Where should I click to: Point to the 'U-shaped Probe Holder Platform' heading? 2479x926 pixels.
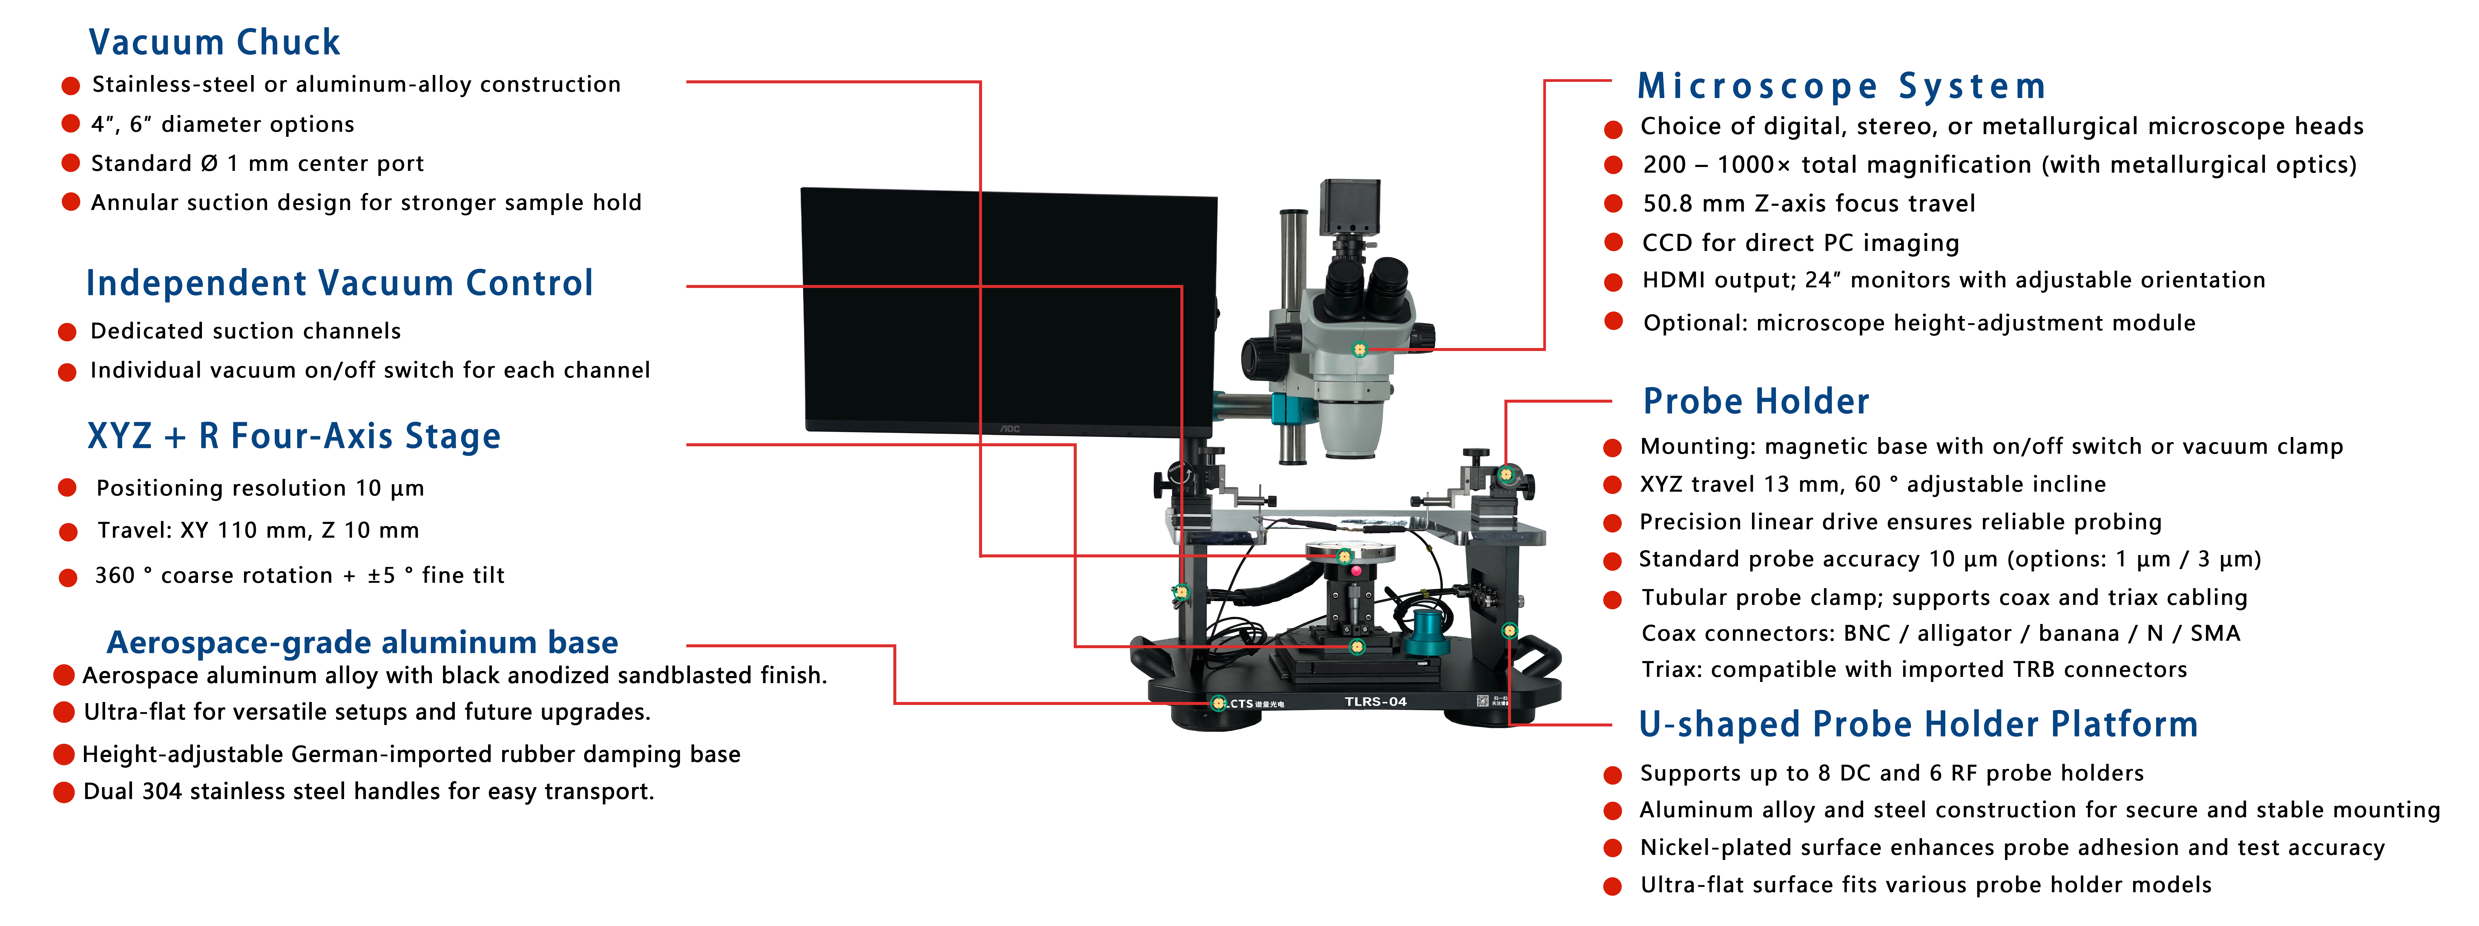point(1918,724)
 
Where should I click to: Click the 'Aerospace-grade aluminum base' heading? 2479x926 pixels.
point(362,642)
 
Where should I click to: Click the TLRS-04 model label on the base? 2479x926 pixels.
point(1375,702)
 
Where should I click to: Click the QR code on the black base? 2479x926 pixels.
point(1483,701)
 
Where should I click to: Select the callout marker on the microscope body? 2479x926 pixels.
point(1360,349)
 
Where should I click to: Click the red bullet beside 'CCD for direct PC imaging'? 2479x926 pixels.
point(1614,243)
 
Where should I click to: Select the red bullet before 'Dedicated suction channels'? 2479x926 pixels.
point(68,332)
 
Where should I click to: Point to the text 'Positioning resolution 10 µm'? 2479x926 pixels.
point(260,488)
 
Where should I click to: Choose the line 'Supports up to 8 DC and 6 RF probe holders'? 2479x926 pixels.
point(1891,773)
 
